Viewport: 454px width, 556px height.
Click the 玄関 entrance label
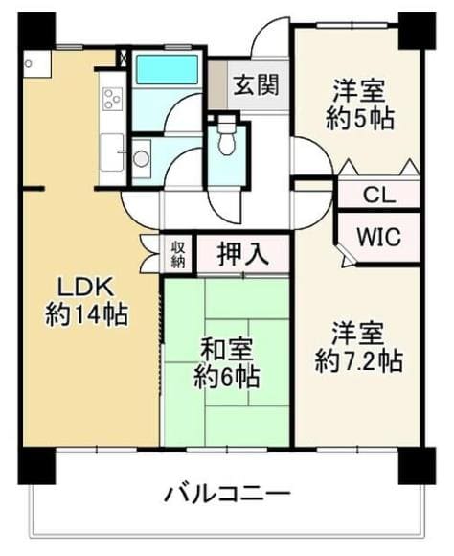coord(257,85)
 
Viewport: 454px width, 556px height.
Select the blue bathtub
coord(168,69)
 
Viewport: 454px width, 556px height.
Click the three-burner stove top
coord(112,98)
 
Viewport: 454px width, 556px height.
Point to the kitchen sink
coord(112,152)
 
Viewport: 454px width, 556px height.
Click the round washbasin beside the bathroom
coord(141,158)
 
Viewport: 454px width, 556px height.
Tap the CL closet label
coord(379,195)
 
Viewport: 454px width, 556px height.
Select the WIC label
coord(379,237)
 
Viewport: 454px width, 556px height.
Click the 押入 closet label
coord(242,253)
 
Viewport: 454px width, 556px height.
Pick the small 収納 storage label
coord(178,254)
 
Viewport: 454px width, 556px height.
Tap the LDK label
coord(85,288)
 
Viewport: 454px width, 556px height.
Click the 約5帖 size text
coord(359,119)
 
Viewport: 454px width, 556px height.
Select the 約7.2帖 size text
coord(358,361)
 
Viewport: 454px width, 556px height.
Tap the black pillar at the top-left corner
coord(36,31)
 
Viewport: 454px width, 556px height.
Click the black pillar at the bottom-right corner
coord(418,466)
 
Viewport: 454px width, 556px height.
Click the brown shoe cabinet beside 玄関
coord(216,85)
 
